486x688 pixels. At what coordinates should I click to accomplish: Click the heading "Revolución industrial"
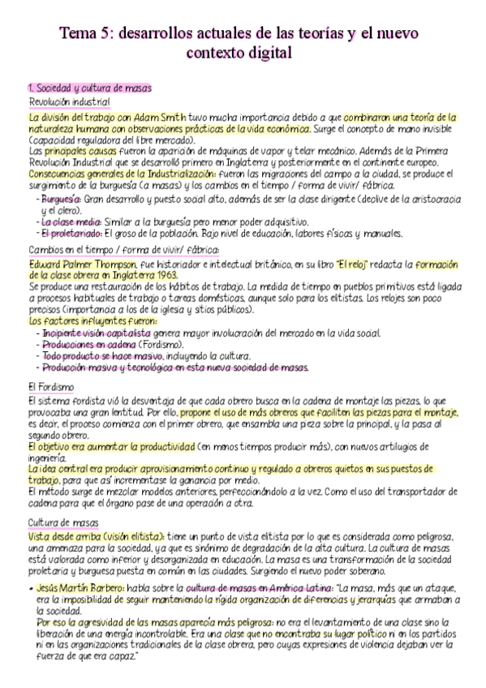[69, 101]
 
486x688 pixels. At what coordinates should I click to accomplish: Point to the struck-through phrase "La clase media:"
[69, 221]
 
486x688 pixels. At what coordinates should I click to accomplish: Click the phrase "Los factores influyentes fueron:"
[91, 321]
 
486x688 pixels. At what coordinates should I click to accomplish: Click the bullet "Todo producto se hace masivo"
[102, 356]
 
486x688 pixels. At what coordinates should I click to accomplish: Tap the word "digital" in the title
[258, 53]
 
